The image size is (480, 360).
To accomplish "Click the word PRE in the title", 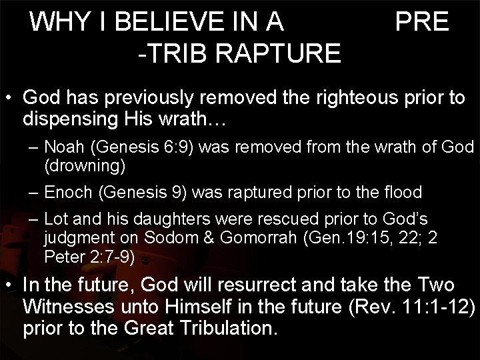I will click(422, 23).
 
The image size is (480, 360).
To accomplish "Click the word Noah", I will click(64, 147).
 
